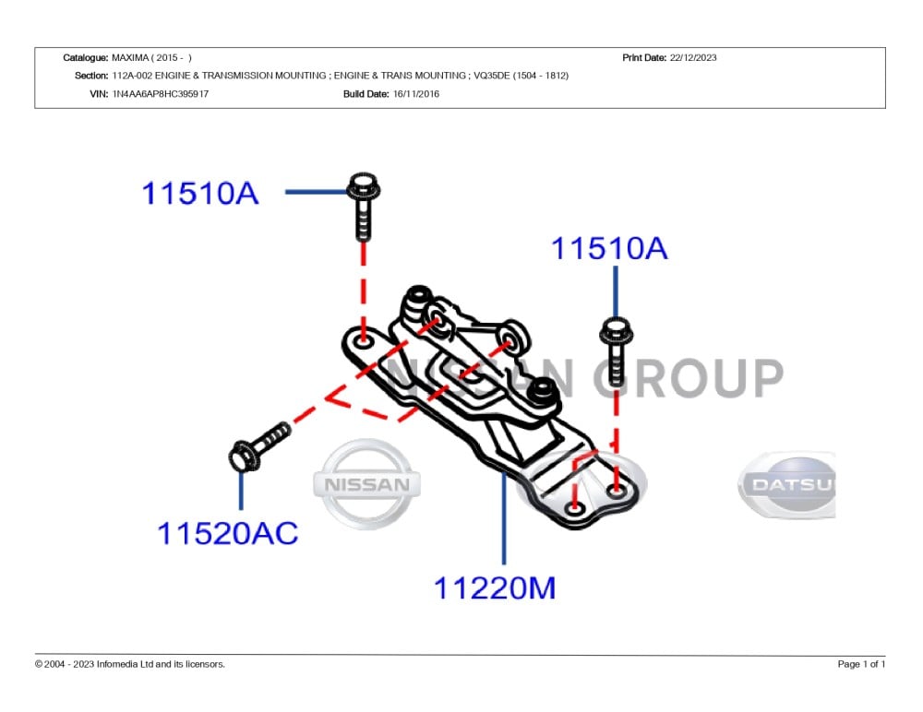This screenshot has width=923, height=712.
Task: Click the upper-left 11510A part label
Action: (200, 193)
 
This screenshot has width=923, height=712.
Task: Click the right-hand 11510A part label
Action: (609, 248)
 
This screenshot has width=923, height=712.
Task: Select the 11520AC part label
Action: (227, 533)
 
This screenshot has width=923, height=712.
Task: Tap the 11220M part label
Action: (495, 587)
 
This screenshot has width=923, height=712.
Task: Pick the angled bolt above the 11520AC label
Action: (259, 446)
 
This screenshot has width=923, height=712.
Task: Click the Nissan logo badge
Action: (366, 484)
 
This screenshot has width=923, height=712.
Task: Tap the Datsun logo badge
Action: (787, 485)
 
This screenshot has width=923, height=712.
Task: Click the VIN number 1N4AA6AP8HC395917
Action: (160, 93)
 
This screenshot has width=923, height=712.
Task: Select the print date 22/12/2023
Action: (693, 58)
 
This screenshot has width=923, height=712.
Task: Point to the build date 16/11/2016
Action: (415, 93)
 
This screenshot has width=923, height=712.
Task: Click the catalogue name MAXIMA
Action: (130, 58)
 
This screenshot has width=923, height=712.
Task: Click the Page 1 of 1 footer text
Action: (861, 664)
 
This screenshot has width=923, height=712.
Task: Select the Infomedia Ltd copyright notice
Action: (130, 664)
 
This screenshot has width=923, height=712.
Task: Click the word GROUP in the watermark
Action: (688, 378)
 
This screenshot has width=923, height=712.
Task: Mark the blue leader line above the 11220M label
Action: (504, 517)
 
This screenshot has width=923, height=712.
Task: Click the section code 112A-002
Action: (132, 76)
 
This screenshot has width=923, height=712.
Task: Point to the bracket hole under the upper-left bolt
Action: (364, 340)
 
